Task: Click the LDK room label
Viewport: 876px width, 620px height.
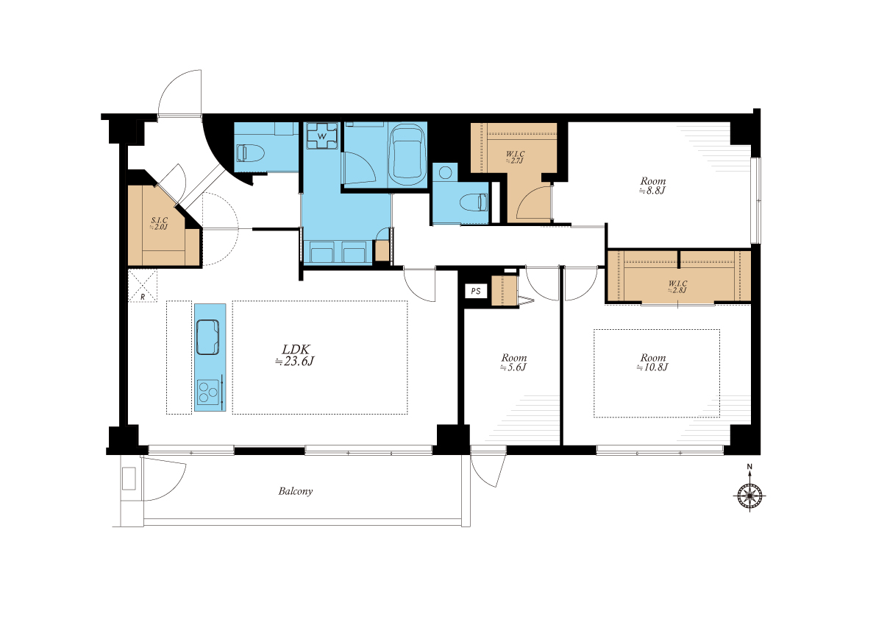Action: tap(295, 355)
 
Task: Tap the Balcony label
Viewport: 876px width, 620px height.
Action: tap(296, 491)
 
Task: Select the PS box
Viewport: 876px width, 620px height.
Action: tap(476, 291)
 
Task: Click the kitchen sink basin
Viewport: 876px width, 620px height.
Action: tap(207, 337)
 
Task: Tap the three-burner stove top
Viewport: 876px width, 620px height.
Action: tap(208, 391)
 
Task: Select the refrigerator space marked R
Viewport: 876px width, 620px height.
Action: tap(143, 286)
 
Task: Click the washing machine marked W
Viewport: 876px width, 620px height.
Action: tap(322, 135)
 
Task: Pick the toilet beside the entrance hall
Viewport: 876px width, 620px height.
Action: tap(249, 153)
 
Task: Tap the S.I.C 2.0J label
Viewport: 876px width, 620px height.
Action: tap(159, 224)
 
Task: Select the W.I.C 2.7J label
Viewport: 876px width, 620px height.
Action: tap(515, 157)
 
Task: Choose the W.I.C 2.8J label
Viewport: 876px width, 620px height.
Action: tap(677, 286)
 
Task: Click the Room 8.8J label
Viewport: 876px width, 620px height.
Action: tap(653, 185)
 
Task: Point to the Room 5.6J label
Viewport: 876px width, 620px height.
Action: tap(514, 362)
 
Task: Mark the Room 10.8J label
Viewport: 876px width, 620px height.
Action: tap(653, 362)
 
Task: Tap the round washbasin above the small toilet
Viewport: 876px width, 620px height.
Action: tap(445, 172)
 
